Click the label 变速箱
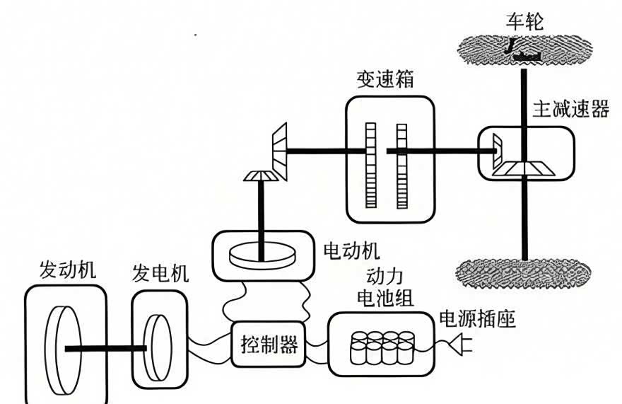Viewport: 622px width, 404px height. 385,81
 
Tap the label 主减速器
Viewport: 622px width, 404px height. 570,108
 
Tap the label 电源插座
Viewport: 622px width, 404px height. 478,320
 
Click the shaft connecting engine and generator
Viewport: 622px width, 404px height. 106,347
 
